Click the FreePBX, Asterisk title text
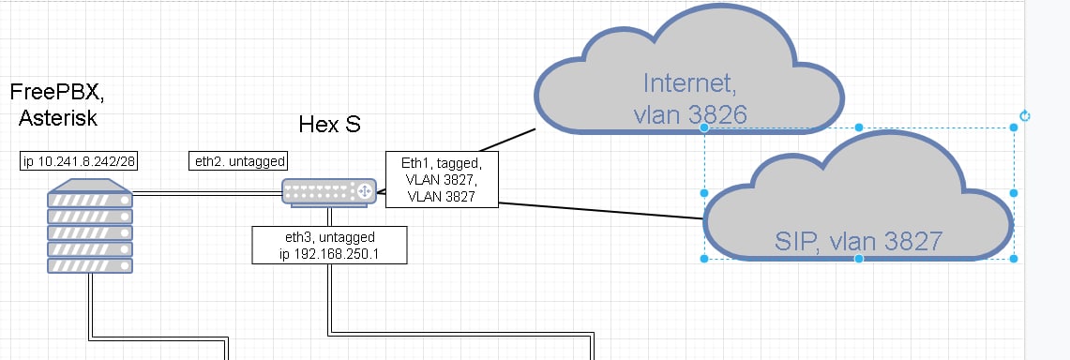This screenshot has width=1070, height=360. click(x=57, y=104)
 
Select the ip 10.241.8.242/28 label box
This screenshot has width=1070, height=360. click(x=80, y=161)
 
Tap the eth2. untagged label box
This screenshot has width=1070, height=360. click(x=237, y=161)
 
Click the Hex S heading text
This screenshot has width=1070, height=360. click(x=329, y=125)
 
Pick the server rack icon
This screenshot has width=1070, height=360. click(x=89, y=226)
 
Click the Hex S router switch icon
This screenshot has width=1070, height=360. click(x=329, y=191)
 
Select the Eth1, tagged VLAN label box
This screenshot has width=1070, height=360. click(x=443, y=179)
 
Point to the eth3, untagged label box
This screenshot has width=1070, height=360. click(x=329, y=246)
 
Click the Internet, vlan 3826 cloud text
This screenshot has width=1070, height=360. click(x=690, y=98)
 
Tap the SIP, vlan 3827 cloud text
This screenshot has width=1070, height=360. click(x=858, y=241)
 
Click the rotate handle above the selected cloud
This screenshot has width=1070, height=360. click(x=1024, y=116)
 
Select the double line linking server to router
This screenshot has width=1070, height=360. click(x=207, y=194)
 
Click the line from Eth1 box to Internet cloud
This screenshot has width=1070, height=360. click(x=507, y=140)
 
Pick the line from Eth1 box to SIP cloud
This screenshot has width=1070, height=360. click(x=601, y=211)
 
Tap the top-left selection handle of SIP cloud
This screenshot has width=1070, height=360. click(x=704, y=127)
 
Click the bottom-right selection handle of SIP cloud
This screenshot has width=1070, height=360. click(x=1014, y=259)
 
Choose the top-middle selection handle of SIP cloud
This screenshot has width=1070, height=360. click(x=859, y=127)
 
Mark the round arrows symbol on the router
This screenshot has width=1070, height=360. click(x=365, y=191)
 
